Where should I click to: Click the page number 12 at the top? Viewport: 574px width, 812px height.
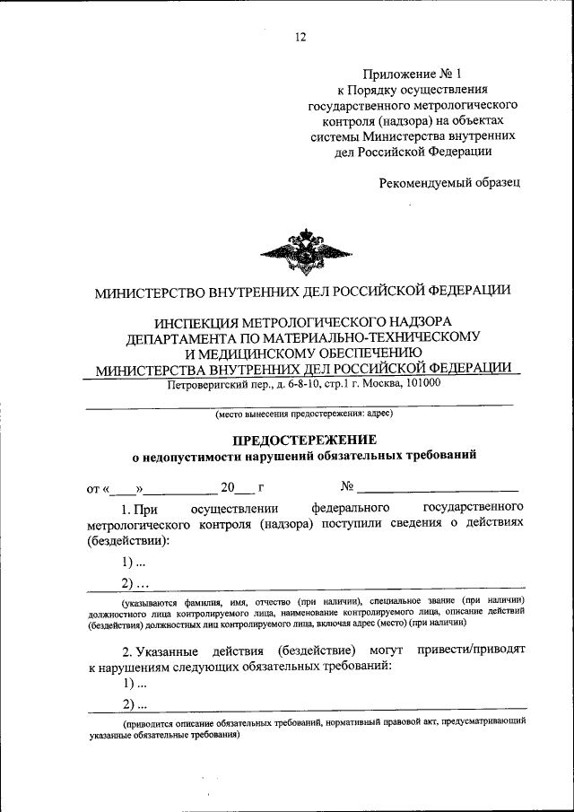(300, 37)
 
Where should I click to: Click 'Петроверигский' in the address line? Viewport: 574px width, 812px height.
(209, 383)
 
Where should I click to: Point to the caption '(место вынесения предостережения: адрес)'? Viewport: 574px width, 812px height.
(302, 414)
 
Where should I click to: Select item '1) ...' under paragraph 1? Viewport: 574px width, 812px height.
(134, 563)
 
